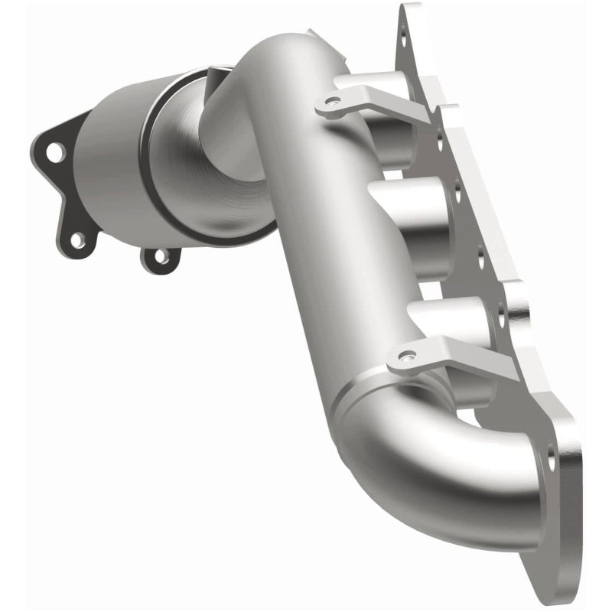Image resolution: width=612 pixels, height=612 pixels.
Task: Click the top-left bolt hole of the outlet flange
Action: [x=54, y=152]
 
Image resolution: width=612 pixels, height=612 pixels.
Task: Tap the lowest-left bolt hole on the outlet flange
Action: [x=77, y=239]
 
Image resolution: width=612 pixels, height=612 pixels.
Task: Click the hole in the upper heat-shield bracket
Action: [x=330, y=100]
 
